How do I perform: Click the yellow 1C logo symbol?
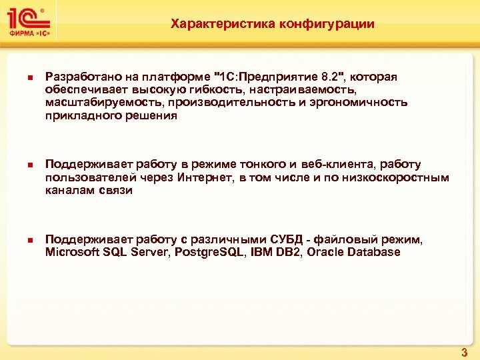[29, 19]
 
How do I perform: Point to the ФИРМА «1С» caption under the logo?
[29, 35]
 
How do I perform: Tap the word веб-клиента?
[331, 165]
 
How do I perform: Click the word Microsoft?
[70, 252]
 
